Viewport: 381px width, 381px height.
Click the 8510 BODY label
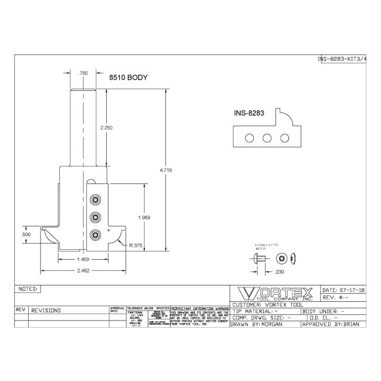point(128,77)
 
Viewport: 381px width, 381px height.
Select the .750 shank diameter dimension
point(83,73)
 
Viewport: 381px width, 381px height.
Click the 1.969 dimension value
point(144,217)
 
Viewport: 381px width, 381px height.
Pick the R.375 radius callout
point(136,246)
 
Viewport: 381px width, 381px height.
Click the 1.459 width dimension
point(83,258)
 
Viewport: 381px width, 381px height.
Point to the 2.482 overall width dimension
point(83,270)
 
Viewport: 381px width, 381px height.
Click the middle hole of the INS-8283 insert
point(267,138)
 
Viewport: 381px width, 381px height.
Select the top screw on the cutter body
point(94,200)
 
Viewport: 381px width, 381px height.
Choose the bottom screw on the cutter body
point(94,235)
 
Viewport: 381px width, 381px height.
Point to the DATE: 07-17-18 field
point(343,290)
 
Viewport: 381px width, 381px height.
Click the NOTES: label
point(28,289)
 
